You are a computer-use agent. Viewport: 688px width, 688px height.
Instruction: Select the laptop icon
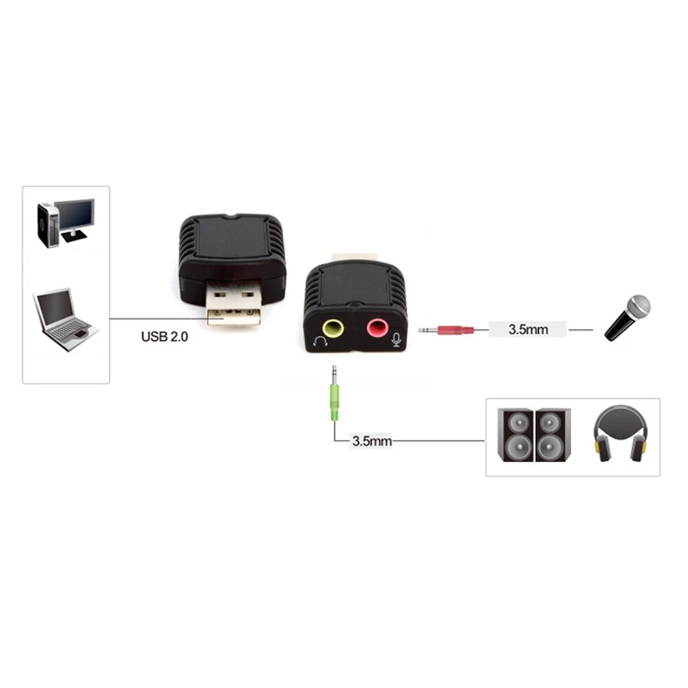pos(64,319)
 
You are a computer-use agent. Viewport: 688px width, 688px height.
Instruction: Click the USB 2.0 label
pos(164,335)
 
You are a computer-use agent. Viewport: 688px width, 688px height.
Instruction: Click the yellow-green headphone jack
pos(333,328)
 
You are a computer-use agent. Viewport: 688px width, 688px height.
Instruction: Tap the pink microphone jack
pos(376,329)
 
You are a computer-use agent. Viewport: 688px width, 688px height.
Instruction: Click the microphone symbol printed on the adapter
pos(396,339)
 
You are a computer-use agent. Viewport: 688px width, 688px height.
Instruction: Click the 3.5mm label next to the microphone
pos(527,330)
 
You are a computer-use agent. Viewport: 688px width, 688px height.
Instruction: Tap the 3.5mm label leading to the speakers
pos(371,441)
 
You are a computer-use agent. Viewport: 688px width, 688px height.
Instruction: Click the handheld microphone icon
pos(627,317)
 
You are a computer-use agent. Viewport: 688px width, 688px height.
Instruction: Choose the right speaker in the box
pos(553,435)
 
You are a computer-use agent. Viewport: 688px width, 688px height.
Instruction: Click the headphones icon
pos(620,433)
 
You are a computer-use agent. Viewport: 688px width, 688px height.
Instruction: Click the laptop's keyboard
pos(70,329)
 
